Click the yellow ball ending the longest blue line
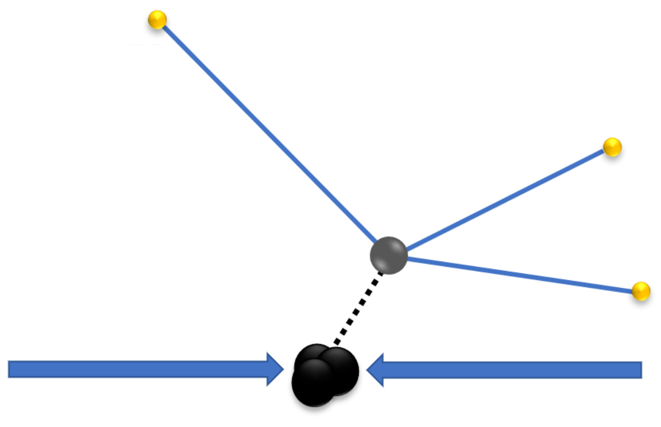click(x=157, y=20)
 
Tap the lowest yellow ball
click(x=641, y=291)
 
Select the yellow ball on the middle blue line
click(x=612, y=147)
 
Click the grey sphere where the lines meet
click(x=389, y=255)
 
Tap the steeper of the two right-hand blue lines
click(x=506, y=199)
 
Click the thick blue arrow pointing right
click(x=141, y=369)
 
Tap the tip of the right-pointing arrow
click(x=283, y=369)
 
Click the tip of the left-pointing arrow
click(x=367, y=370)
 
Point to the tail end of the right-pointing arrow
click(x=9, y=369)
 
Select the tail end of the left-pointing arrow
click(x=641, y=370)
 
